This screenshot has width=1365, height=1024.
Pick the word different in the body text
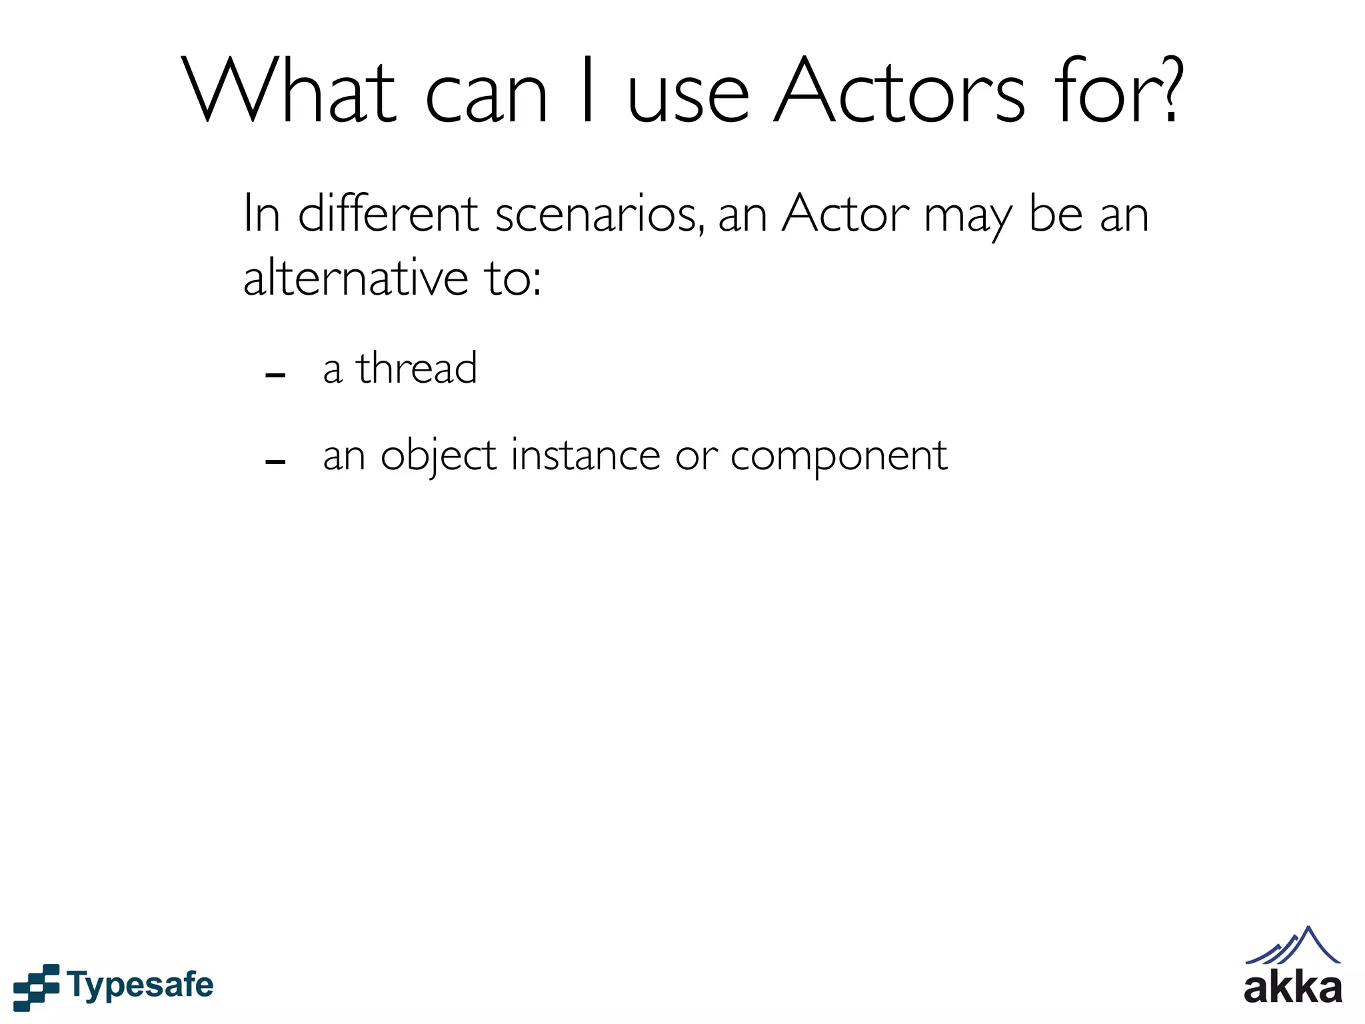click(x=388, y=215)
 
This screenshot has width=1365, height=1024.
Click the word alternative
click(x=356, y=277)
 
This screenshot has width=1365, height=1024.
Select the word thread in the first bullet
click(x=417, y=368)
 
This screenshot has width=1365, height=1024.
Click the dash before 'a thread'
click(x=275, y=375)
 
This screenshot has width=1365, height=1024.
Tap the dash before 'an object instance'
click(x=275, y=461)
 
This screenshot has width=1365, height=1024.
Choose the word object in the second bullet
click(x=439, y=457)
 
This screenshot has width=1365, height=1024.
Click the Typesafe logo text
click(x=141, y=985)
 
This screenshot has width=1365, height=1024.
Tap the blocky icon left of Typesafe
click(x=36, y=986)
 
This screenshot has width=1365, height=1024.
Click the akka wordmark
click(x=1292, y=987)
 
